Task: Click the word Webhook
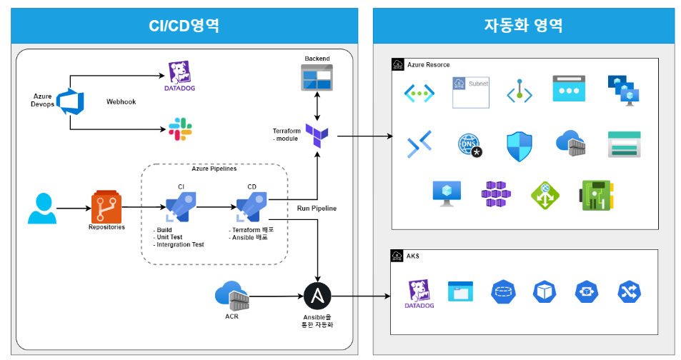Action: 121,101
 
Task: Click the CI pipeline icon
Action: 181,208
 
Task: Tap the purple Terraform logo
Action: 317,136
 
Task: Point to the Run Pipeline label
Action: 317,208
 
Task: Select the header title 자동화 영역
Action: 523,26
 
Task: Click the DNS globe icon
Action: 469,144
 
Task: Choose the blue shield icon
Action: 520,146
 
